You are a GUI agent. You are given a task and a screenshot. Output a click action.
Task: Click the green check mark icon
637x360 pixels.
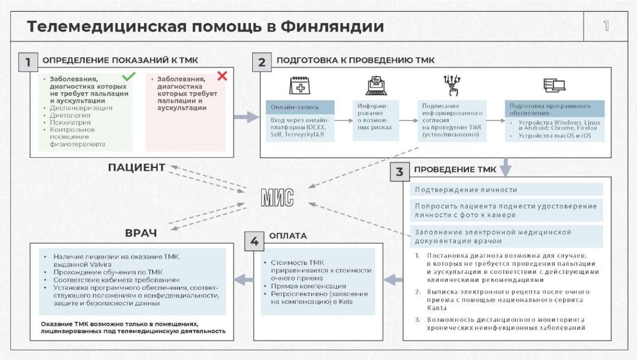[128, 76]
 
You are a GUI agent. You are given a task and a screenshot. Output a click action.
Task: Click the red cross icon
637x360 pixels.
[222, 76]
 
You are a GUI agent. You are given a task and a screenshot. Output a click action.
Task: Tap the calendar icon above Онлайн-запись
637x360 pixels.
[300, 85]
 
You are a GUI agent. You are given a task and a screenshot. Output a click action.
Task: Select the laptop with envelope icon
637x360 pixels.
[376, 86]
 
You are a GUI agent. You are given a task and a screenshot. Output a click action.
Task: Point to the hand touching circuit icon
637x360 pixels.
[452, 85]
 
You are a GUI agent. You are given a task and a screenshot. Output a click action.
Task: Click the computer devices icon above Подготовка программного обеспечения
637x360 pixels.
[554, 85]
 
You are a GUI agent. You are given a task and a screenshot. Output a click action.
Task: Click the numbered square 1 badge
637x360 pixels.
[28, 62]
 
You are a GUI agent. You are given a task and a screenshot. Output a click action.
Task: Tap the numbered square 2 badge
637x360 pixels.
[262, 62]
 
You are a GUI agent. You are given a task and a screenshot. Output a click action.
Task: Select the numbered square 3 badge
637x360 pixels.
[399, 172]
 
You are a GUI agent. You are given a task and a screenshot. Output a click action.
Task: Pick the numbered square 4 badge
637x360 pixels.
[254, 241]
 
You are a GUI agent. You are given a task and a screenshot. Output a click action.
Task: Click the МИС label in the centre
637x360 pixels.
[277, 197]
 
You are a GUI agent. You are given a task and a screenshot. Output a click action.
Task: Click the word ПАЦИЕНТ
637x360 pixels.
[137, 168]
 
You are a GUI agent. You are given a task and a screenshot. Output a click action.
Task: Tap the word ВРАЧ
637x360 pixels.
[141, 233]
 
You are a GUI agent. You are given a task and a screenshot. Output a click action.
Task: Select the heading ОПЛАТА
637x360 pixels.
[288, 236]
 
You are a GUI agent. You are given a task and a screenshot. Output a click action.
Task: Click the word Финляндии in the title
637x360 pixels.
[332, 27]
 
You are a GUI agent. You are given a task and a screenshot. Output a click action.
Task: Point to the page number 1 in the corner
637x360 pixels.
[606, 26]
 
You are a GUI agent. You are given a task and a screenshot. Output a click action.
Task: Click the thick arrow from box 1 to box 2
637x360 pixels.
[246, 117]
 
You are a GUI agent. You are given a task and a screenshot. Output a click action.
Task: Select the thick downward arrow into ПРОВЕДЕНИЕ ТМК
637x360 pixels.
[505, 167]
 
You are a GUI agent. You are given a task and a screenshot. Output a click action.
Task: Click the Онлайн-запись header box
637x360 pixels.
[300, 107]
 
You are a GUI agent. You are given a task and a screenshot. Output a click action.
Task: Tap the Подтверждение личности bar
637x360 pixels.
[507, 190]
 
